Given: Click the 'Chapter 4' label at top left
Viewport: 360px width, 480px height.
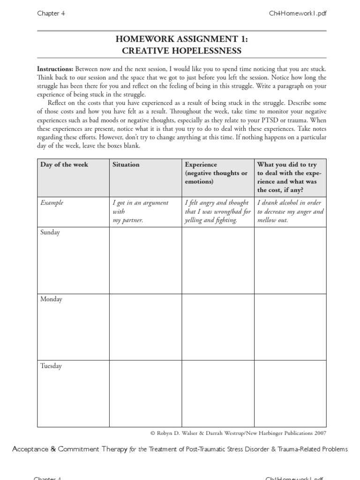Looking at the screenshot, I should [x=51, y=14].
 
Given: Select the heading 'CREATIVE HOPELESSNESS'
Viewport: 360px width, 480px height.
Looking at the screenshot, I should [x=182, y=51].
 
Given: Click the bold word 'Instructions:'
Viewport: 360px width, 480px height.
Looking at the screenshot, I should [x=55, y=69].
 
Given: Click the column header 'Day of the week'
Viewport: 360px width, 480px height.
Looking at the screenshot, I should [x=64, y=165].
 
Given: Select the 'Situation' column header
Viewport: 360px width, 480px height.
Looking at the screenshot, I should [x=126, y=165].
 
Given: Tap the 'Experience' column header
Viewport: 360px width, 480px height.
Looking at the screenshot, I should [x=201, y=165].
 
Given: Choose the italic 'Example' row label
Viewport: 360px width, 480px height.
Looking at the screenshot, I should [x=52, y=203].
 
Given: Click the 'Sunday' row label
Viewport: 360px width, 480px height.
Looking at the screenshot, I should [x=50, y=232].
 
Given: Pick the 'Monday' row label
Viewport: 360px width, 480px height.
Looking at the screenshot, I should [x=51, y=299].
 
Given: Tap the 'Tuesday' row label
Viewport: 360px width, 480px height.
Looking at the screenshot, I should [x=51, y=366].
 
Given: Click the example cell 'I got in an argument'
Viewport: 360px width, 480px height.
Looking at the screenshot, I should [x=141, y=203].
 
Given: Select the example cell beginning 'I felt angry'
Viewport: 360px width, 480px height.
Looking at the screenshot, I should [x=217, y=203].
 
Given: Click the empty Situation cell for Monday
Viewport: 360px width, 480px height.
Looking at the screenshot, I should [x=145, y=327].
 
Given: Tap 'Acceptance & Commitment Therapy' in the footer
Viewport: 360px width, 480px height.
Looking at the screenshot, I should [x=70, y=450].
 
